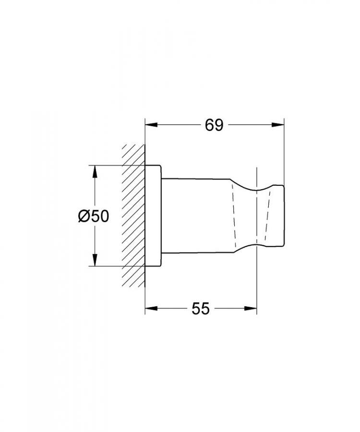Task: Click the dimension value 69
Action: pos(214,125)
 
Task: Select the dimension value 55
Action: pos(201,309)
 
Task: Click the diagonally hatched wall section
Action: pos(133,216)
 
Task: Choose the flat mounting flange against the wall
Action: pos(154,216)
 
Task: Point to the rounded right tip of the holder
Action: pos(283,216)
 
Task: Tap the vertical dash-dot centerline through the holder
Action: pos(257,216)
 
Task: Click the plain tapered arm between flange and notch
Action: pos(197,216)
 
